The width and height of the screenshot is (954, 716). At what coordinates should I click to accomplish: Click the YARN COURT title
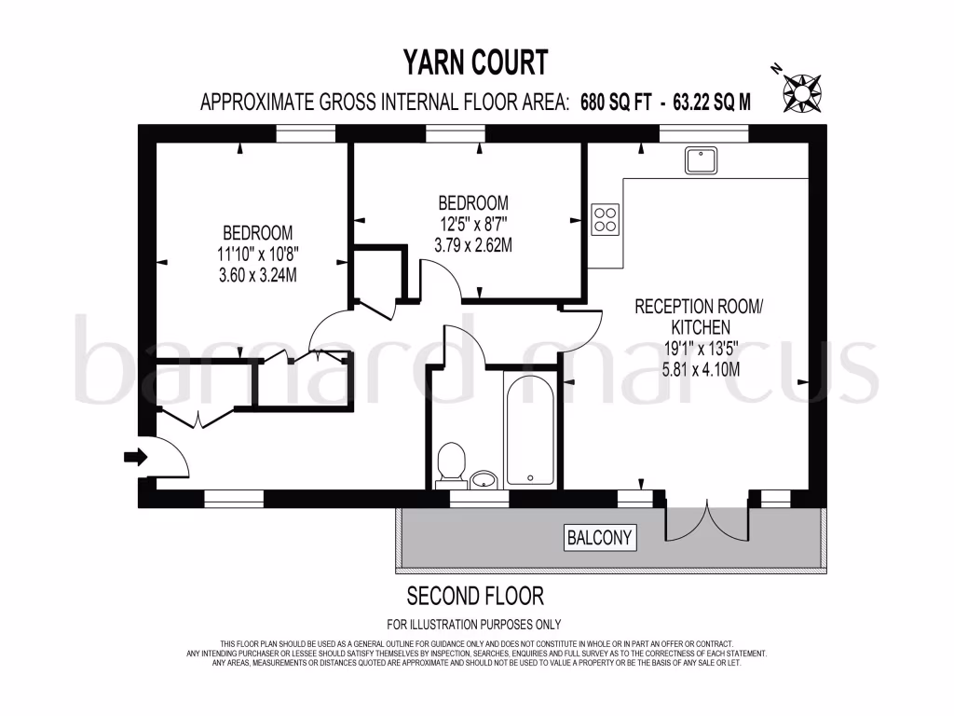475,62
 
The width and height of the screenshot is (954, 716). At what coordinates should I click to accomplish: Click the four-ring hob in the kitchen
605,219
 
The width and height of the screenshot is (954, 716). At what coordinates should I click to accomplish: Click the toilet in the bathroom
452,462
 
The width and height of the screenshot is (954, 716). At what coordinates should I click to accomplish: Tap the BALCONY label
601,537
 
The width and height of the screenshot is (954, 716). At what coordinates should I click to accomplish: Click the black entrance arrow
135,457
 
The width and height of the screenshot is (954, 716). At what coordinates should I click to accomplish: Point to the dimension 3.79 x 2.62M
473,245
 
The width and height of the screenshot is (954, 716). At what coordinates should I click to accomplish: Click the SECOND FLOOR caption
475,595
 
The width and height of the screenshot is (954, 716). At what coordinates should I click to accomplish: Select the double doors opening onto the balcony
707,521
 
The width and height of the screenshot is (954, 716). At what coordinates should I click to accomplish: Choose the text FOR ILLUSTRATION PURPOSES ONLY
474,625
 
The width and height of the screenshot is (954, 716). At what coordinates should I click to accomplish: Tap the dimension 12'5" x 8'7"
473,224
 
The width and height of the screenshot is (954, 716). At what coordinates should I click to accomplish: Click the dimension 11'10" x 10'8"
257,253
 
